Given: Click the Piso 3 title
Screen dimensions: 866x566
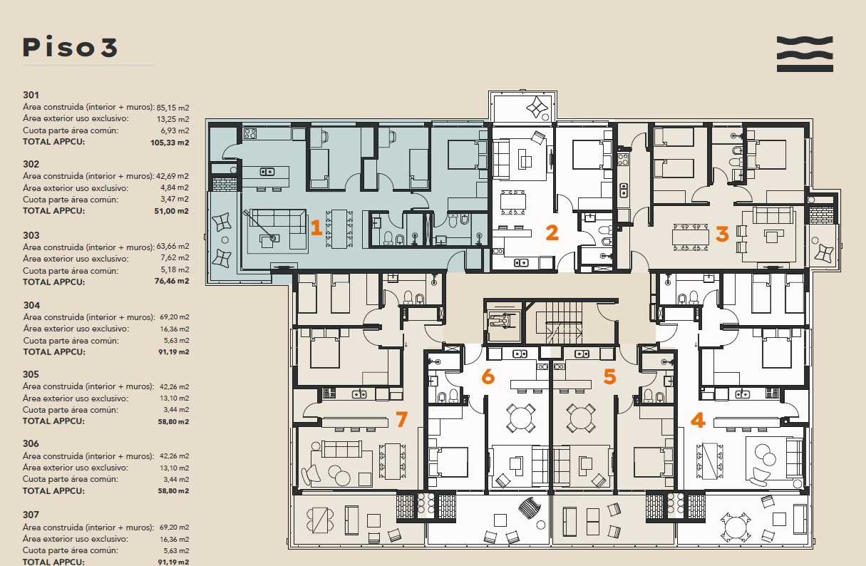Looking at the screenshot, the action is coord(70,47).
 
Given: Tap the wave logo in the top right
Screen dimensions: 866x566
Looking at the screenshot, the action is coord(805,54).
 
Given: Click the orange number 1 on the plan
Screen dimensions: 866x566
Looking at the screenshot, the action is coord(316,227).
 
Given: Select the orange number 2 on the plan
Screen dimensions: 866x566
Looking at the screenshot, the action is coord(552,232).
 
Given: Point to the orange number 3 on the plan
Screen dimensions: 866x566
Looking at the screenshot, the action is coord(722,234).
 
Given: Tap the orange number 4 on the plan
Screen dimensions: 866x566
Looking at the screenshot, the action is coord(698,420).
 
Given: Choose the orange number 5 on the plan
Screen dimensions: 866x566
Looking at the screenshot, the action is coord(609,376).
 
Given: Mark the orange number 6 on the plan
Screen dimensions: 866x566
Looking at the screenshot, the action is coord(488,376).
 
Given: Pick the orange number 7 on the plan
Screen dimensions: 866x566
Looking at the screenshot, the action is coord(402,419).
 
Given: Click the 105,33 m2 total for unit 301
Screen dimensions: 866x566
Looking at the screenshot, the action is coord(170,143).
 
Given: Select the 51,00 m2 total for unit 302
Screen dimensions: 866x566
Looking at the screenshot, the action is coord(171,211).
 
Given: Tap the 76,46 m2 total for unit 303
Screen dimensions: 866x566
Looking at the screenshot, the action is coord(172,281).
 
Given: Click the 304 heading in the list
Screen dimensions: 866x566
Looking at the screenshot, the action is coord(31,305).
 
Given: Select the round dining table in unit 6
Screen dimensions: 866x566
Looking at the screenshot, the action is coord(521,418).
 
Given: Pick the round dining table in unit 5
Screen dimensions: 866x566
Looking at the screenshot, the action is coord(581,418).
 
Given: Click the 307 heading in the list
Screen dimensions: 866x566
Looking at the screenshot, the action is coord(31,515).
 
